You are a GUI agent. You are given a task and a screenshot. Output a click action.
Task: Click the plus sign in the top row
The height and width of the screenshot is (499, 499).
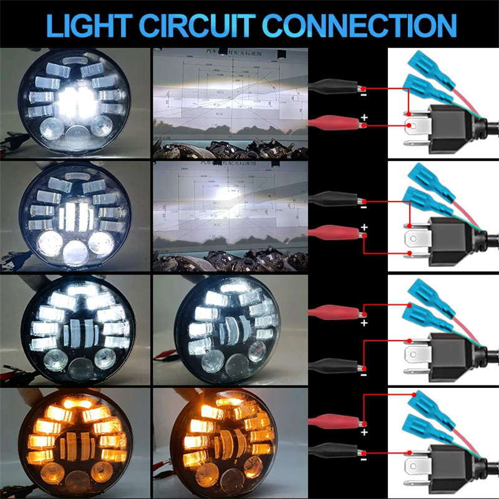pyautogui.click(x=364, y=117)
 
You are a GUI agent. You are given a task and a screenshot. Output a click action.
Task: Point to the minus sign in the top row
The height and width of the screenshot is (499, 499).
pyautogui.click(x=364, y=95)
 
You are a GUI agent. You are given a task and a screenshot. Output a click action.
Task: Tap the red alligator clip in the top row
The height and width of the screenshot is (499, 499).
pyautogui.click(x=334, y=122)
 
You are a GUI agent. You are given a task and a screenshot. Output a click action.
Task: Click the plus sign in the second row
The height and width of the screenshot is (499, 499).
pyautogui.click(x=364, y=227)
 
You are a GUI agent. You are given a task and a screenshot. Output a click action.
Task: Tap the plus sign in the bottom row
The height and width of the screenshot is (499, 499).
pyautogui.click(x=364, y=432)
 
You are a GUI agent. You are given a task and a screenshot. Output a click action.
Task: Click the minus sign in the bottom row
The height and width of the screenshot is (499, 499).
pyautogui.click(x=364, y=458)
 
